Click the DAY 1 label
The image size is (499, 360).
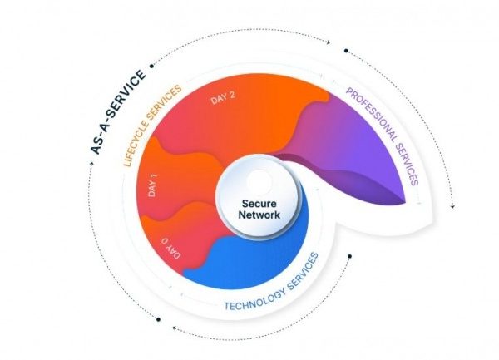(153, 188)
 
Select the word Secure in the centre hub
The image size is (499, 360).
(258, 202)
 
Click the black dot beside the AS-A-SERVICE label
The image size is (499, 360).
(150, 63)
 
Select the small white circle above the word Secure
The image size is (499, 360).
(259, 180)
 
